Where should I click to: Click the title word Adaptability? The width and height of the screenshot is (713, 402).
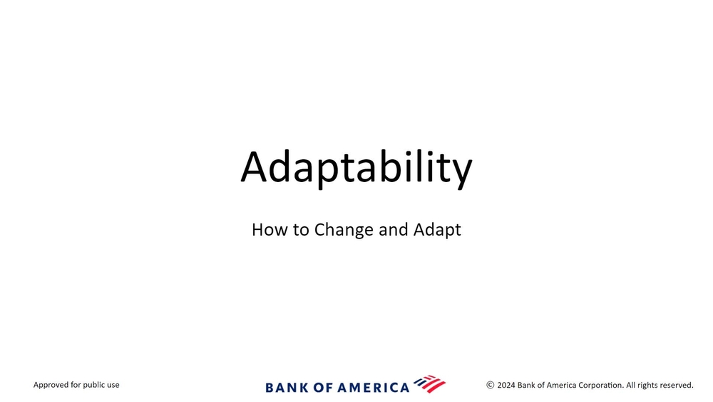pyautogui.click(x=356, y=168)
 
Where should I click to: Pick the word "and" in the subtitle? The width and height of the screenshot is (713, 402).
pyautogui.click(x=394, y=229)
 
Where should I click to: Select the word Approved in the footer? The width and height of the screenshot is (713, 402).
pyautogui.click(x=51, y=385)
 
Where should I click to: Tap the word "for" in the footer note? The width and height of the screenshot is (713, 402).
pyautogui.click(x=76, y=385)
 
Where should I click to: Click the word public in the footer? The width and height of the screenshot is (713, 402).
pyautogui.click(x=95, y=385)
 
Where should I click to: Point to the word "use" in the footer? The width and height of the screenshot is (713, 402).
pyautogui.click(x=113, y=385)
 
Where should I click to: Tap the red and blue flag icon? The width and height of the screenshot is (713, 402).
pyautogui.click(x=430, y=383)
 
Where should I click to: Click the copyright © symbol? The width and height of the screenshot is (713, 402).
pyautogui.click(x=491, y=385)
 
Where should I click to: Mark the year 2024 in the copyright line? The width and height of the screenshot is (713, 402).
pyautogui.click(x=506, y=385)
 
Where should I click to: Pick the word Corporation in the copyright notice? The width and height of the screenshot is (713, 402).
pyautogui.click(x=600, y=386)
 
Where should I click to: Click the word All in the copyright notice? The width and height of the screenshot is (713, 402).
pyautogui.click(x=631, y=385)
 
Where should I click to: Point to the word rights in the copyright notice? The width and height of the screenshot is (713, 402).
pyautogui.click(x=649, y=386)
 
